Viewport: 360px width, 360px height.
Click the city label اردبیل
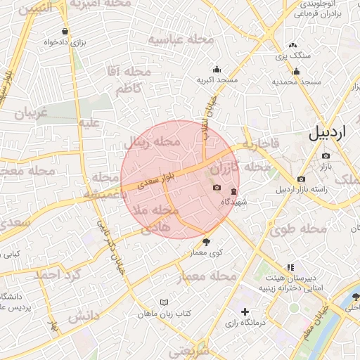pyautogui.click(x=328, y=132)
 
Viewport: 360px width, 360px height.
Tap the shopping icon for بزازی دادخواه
pyautogui.click(x=65, y=32)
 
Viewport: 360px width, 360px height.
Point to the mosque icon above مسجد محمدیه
pyautogui.click(x=296, y=70)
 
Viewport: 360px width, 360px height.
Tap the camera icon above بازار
pyautogui.click(x=325, y=155)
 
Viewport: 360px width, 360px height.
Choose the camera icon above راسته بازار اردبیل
pyautogui.click(x=302, y=179)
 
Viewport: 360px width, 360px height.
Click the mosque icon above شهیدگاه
pyautogui.click(x=233, y=191)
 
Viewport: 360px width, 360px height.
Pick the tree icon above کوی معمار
pyautogui.click(x=206, y=241)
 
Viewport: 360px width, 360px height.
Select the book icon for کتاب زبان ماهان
pyautogui.click(x=164, y=302)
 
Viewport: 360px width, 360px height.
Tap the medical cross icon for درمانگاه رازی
pyautogui.click(x=245, y=311)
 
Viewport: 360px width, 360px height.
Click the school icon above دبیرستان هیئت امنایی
pyautogui.click(x=290, y=267)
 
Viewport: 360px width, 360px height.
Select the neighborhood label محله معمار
pyautogui.click(x=208, y=276)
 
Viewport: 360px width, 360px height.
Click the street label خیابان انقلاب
pyautogui.click(x=209, y=113)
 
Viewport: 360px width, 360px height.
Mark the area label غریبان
pyautogui.click(x=31, y=113)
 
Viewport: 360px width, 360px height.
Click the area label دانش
pyautogui.click(x=82, y=318)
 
